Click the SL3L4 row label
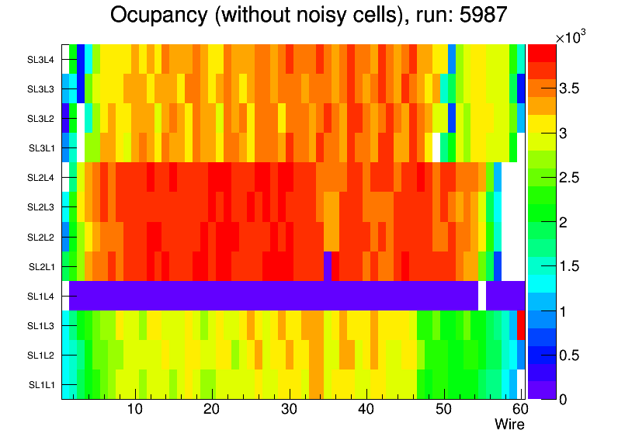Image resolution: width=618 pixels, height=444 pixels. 41,59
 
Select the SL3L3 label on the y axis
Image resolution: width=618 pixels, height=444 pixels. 41,88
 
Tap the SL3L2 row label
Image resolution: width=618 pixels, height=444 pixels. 41,118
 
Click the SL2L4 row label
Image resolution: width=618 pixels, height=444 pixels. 41,178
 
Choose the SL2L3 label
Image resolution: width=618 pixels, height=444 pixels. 41,207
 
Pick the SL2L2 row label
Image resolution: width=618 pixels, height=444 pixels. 41,237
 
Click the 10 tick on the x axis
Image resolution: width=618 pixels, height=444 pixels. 134,410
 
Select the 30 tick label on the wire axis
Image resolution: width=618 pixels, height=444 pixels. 289,410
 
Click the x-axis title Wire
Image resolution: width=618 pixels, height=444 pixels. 509,425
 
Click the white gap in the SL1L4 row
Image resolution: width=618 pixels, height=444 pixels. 481,296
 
